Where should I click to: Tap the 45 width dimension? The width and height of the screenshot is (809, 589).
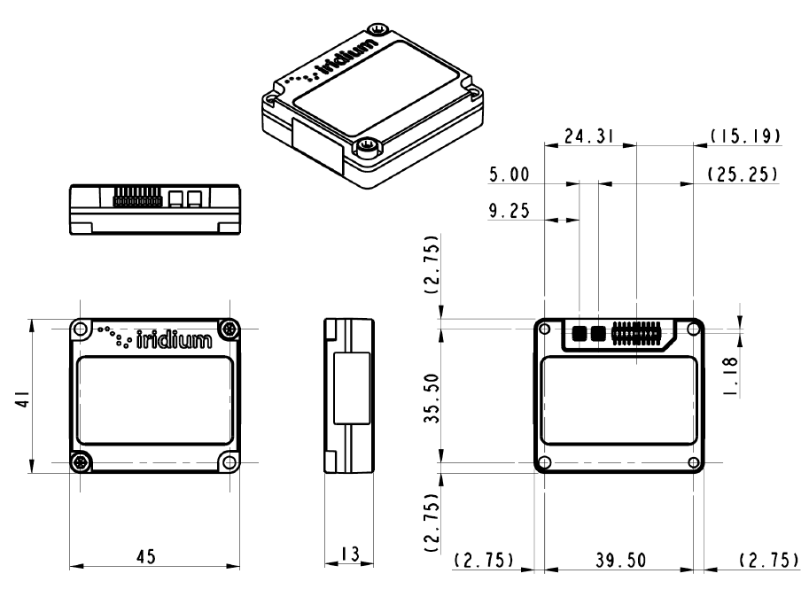pyautogui.click(x=146, y=558)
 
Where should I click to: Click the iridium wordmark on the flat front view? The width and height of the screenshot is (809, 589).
pyautogui.click(x=174, y=337)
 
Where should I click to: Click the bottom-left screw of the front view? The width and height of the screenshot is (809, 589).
pyautogui.click(x=81, y=461)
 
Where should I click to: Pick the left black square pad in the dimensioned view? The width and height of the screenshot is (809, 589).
pyautogui.click(x=580, y=333)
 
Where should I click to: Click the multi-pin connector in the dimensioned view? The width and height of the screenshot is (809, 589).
pyautogui.click(x=635, y=333)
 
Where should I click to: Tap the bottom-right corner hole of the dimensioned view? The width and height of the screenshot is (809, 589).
pyautogui.click(x=693, y=461)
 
